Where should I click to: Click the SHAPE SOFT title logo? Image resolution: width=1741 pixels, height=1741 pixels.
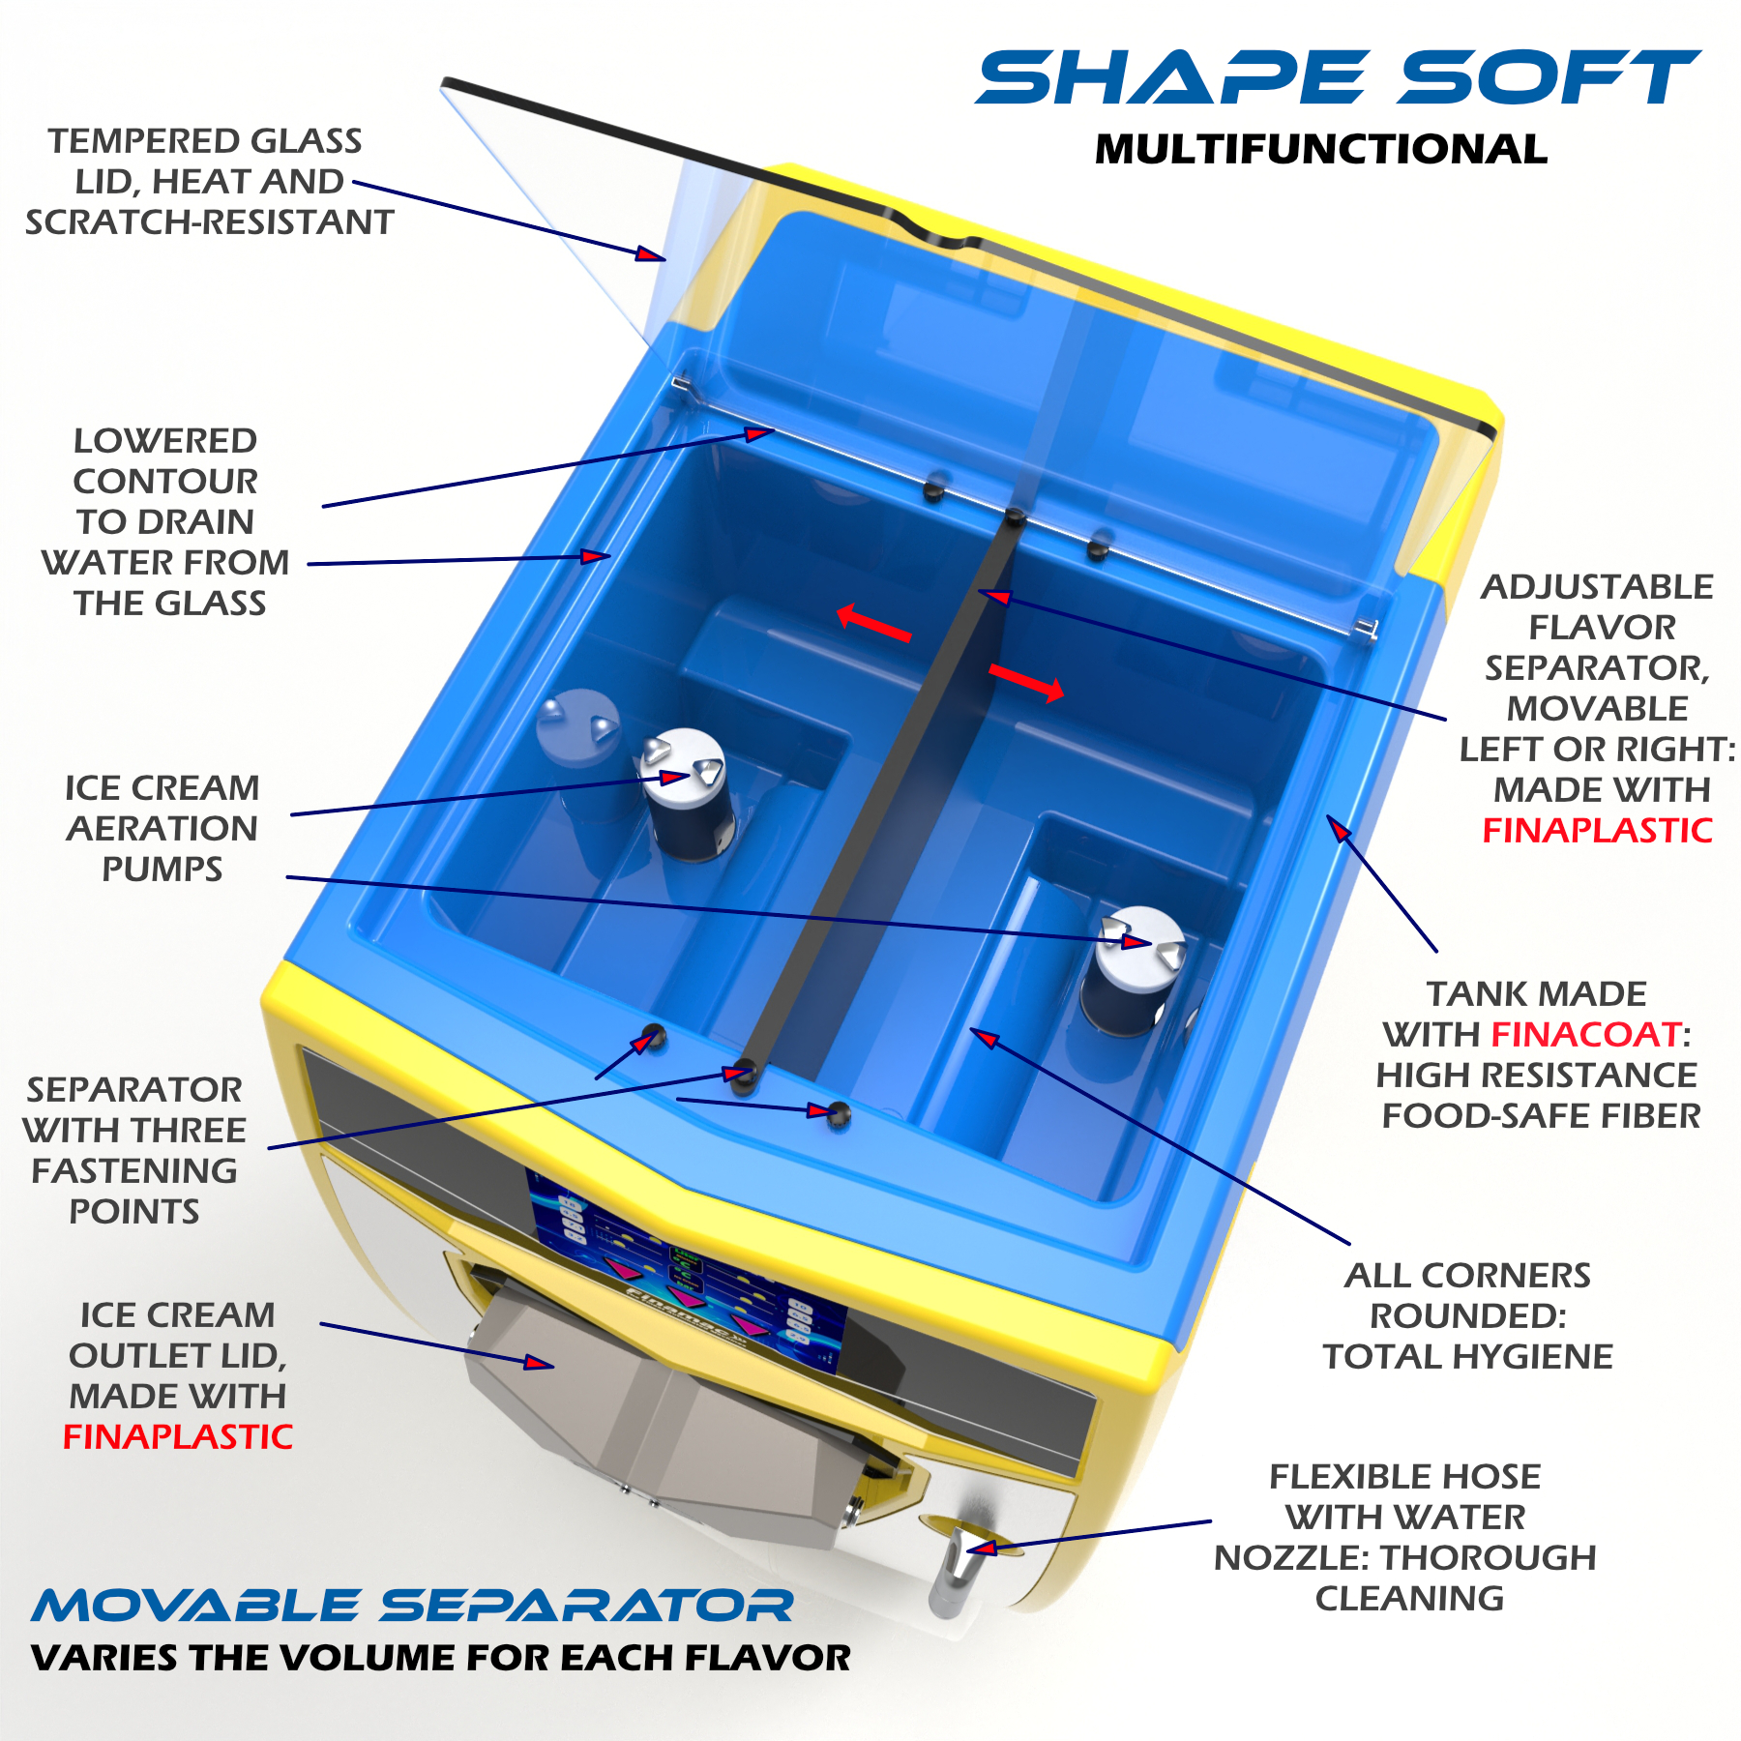(1338, 77)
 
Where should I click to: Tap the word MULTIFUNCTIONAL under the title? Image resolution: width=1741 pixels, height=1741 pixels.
(1321, 149)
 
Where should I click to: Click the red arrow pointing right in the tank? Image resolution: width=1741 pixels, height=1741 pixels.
(1026, 681)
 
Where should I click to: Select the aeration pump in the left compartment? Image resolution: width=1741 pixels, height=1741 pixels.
(687, 793)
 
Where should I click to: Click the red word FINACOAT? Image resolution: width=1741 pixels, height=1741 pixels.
(1586, 1034)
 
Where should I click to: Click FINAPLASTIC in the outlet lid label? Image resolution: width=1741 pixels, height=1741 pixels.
(178, 1436)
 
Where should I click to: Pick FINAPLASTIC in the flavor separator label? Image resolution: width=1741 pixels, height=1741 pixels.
(1597, 830)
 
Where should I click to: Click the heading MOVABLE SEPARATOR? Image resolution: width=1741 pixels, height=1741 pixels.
(412, 1607)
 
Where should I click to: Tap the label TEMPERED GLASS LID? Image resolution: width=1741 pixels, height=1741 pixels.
(209, 181)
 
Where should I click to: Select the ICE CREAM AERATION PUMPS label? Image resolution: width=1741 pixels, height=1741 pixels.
(162, 828)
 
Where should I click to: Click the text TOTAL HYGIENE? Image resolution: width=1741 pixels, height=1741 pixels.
(1467, 1356)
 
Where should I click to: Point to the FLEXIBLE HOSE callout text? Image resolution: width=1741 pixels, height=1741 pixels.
(1405, 1537)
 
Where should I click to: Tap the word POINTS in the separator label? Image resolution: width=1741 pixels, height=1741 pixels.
(134, 1211)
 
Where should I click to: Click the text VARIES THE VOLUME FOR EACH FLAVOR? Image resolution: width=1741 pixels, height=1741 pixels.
(441, 1658)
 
